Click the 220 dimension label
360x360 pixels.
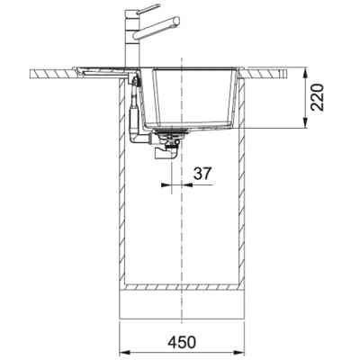[x=317, y=97]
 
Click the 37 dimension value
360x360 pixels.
[x=202, y=174]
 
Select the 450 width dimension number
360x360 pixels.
[x=182, y=343]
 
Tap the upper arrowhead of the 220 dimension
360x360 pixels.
[x=305, y=73]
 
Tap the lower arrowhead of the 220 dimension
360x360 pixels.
[x=305, y=123]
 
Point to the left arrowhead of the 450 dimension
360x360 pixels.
[x=124, y=350]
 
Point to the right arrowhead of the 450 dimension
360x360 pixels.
[x=240, y=350]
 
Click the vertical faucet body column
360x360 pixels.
[x=132, y=39]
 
